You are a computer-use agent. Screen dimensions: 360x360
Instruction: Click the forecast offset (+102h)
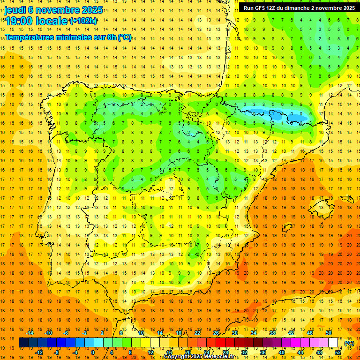point(83,21)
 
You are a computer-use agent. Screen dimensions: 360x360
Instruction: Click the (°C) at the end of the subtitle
point(124,37)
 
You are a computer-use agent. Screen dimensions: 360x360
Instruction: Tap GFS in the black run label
point(262,8)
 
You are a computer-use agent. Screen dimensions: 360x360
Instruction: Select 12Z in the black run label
point(275,8)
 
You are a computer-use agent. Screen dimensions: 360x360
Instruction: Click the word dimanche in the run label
point(303,8)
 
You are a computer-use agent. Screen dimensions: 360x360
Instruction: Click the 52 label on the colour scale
point(338,352)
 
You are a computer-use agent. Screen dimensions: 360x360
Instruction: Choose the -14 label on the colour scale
point(31,333)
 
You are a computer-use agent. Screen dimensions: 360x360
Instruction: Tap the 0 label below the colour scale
point(93,352)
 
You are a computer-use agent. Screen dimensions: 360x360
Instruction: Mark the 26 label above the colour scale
point(216,333)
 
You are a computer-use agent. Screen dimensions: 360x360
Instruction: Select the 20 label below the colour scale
point(187,352)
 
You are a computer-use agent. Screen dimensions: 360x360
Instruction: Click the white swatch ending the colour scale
point(333,343)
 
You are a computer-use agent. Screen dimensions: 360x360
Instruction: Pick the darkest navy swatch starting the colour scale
point(23,343)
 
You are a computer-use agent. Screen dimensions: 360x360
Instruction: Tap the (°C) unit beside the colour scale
point(349,343)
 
